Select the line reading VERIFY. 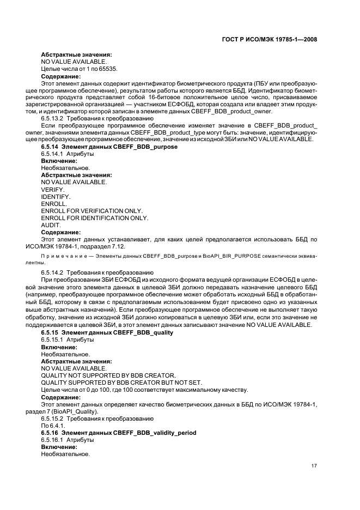53,189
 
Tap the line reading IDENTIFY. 56,196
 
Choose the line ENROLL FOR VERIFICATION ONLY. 92,210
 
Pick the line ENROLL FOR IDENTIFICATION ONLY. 95,217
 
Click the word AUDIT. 51,224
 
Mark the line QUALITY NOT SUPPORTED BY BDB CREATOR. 108,375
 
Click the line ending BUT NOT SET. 118,382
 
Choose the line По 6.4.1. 53,425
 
